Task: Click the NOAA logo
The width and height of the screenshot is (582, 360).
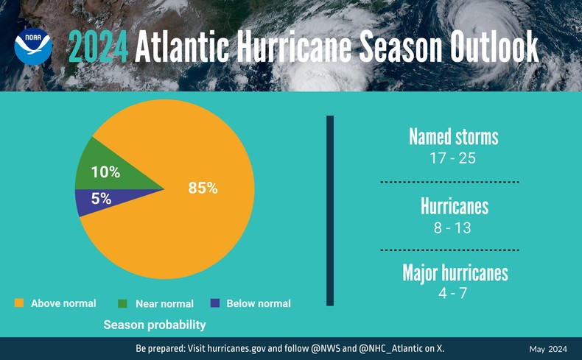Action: pyautogui.click(x=33, y=46)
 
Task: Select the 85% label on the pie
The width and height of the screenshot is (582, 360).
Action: pyautogui.click(x=203, y=188)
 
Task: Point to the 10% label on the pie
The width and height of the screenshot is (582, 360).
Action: pyautogui.click(x=105, y=172)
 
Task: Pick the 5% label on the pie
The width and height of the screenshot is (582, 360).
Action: pyautogui.click(x=101, y=199)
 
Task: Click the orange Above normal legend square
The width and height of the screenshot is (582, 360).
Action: pyautogui.click(x=20, y=303)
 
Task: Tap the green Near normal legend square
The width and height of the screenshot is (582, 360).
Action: pyautogui.click(x=123, y=303)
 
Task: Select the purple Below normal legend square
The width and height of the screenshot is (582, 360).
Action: pyautogui.click(x=215, y=303)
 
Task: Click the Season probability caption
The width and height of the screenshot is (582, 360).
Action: pyautogui.click(x=154, y=324)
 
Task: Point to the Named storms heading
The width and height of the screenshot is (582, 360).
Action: pyautogui.click(x=453, y=137)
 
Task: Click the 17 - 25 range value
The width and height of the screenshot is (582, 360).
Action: pyautogui.click(x=452, y=158)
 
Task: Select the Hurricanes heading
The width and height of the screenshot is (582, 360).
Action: pyautogui.click(x=454, y=207)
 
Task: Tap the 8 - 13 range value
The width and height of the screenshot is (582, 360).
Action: pyautogui.click(x=452, y=227)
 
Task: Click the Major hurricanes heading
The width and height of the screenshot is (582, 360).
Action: pyautogui.click(x=455, y=273)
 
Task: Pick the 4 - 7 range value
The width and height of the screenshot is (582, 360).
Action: pyautogui.click(x=452, y=293)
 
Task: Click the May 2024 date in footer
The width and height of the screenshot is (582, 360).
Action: pyautogui.click(x=547, y=348)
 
